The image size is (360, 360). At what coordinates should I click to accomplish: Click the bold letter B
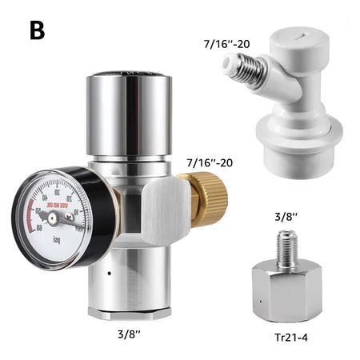tap(37, 30)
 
